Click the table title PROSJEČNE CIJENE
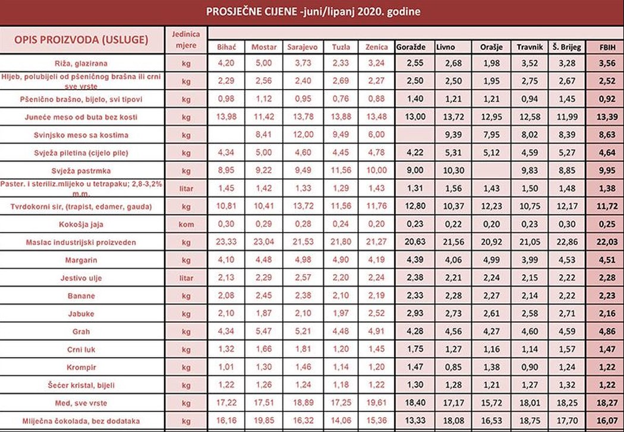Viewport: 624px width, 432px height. (313, 11)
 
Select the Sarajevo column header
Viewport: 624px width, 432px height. (302, 47)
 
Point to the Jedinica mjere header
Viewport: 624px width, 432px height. (186, 39)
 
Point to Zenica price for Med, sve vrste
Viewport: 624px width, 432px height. (376, 404)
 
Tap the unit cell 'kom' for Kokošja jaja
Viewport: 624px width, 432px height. (186, 224)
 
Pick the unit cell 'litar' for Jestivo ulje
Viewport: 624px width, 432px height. (186, 278)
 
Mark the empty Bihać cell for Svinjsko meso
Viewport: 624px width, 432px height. (226, 135)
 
